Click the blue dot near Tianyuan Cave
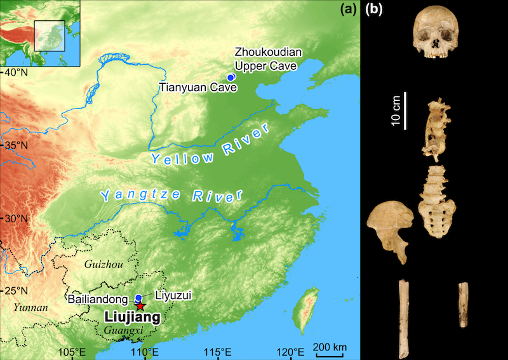(232, 77)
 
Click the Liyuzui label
(175, 295)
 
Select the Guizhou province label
(102, 262)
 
